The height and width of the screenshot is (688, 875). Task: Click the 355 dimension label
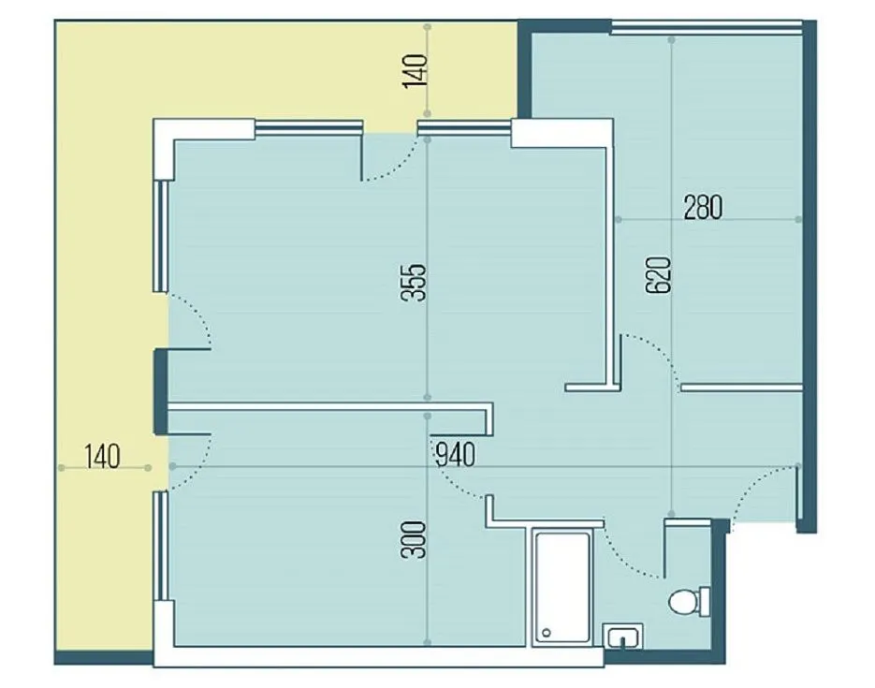tap(414, 283)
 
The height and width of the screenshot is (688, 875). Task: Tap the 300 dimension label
tap(414, 539)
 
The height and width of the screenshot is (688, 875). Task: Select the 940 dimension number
tap(455, 454)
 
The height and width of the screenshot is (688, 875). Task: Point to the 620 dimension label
tap(658, 275)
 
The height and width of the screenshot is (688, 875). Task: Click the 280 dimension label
tap(703, 207)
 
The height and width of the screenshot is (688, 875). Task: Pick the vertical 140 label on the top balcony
tap(415, 71)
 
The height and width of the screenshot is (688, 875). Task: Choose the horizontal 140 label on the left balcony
tap(103, 456)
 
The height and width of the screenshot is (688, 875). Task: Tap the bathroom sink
tap(622, 637)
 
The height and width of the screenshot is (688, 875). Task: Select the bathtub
tap(561, 588)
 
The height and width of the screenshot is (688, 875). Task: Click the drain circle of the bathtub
tap(547, 633)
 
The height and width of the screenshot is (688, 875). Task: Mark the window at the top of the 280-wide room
tap(707, 27)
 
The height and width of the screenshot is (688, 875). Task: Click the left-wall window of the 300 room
tap(161, 546)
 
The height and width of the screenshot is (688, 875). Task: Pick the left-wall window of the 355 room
tap(161, 235)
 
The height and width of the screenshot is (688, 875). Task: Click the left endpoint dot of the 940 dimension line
tap(172, 466)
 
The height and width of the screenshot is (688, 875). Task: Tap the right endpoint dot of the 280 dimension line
tap(798, 219)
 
